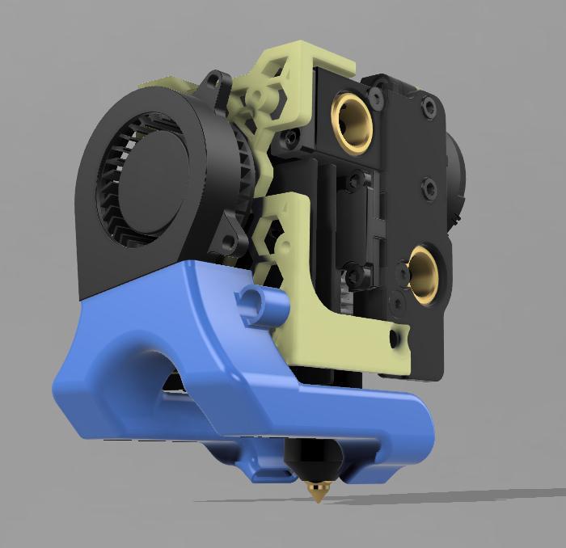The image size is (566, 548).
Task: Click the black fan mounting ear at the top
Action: point(214,81)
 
